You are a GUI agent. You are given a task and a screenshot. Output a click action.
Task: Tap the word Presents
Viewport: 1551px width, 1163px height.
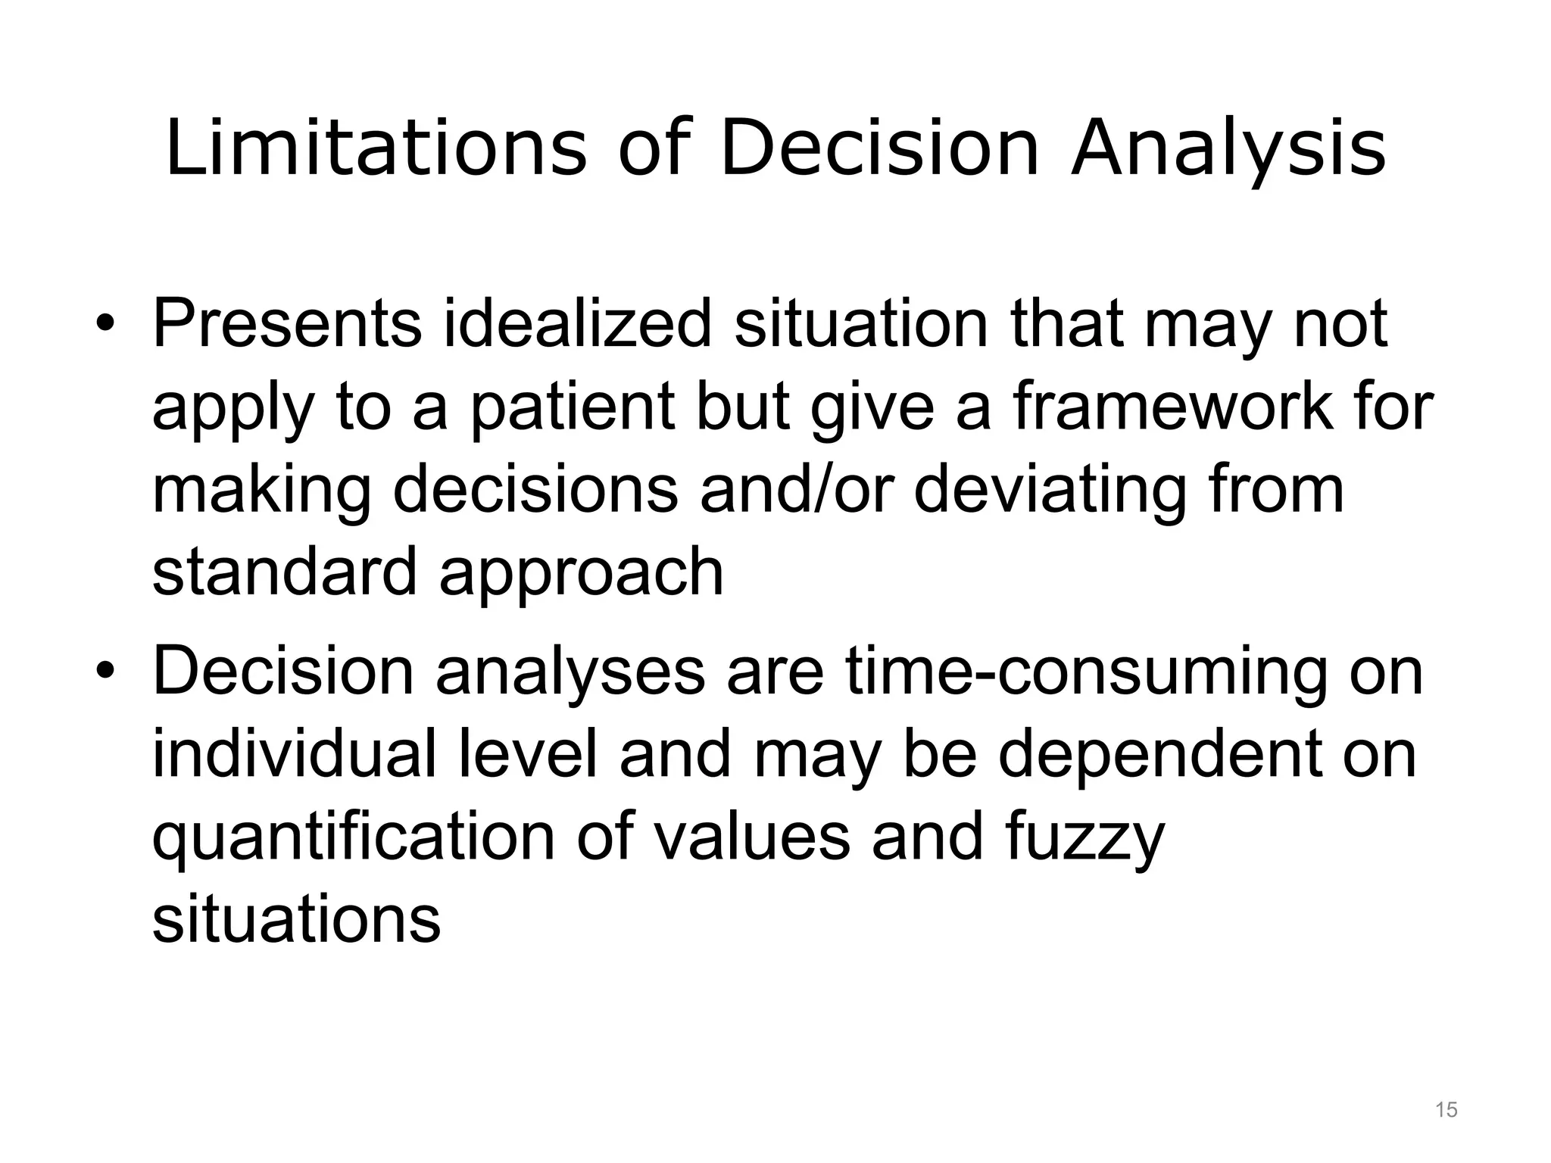(287, 324)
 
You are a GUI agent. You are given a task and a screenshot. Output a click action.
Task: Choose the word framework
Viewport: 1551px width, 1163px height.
(1171, 407)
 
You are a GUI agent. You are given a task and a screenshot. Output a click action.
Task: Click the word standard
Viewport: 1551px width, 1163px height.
(285, 572)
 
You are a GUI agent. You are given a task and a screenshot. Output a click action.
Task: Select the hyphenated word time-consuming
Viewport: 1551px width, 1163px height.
(1086, 672)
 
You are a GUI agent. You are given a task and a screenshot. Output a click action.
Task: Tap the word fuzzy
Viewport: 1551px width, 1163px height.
(1084, 839)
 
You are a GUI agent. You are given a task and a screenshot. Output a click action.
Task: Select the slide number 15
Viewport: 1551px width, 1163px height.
(1446, 1110)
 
